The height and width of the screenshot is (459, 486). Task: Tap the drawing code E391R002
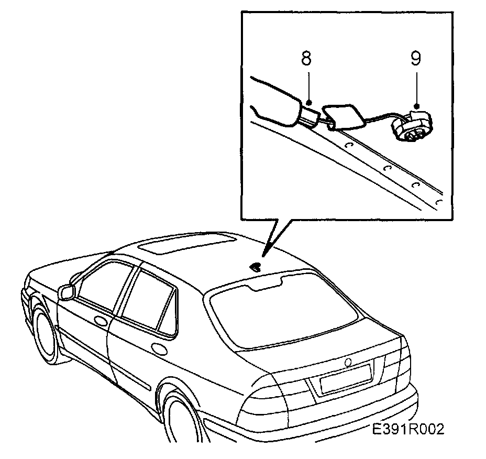pyautogui.click(x=408, y=430)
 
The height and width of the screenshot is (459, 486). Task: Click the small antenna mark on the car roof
pyautogui.click(x=256, y=267)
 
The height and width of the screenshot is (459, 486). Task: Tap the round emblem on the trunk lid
pyautogui.click(x=349, y=363)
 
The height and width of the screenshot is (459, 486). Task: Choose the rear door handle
pyautogui.click(x=156, y=347)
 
